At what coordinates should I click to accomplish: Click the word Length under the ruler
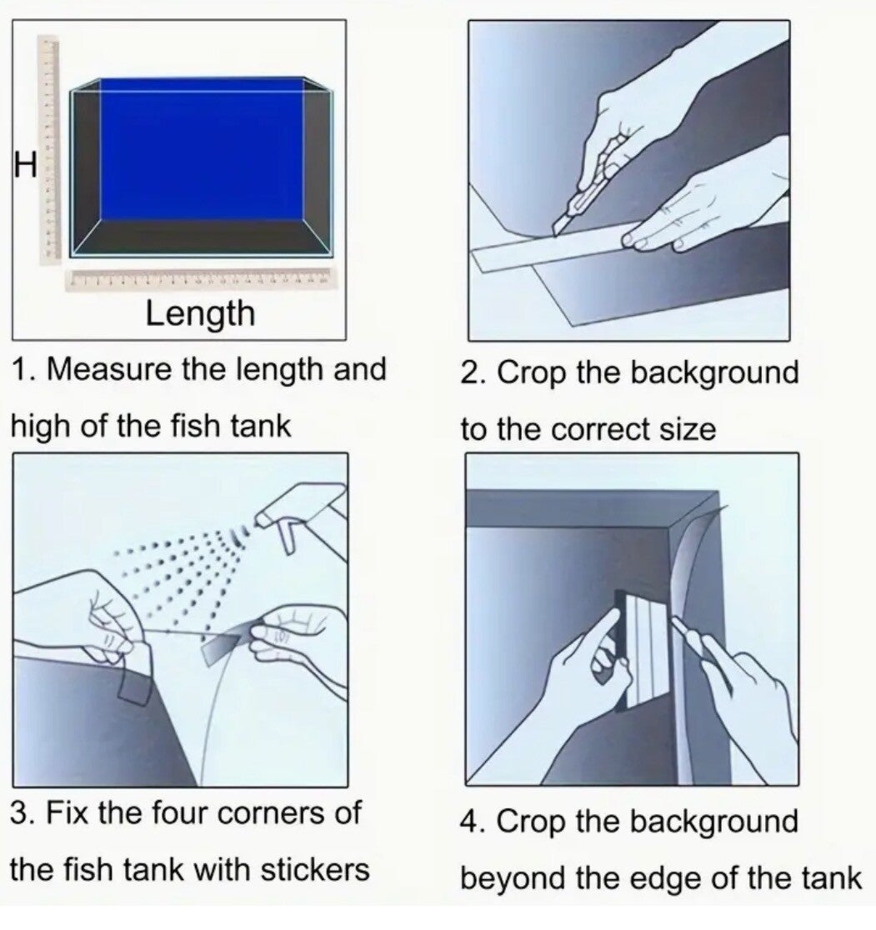point(201,314)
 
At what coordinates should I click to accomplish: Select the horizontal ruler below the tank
point(201,279)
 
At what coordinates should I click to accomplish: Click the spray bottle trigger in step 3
point(289,537)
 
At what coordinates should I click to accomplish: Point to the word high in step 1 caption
point(40,427)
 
